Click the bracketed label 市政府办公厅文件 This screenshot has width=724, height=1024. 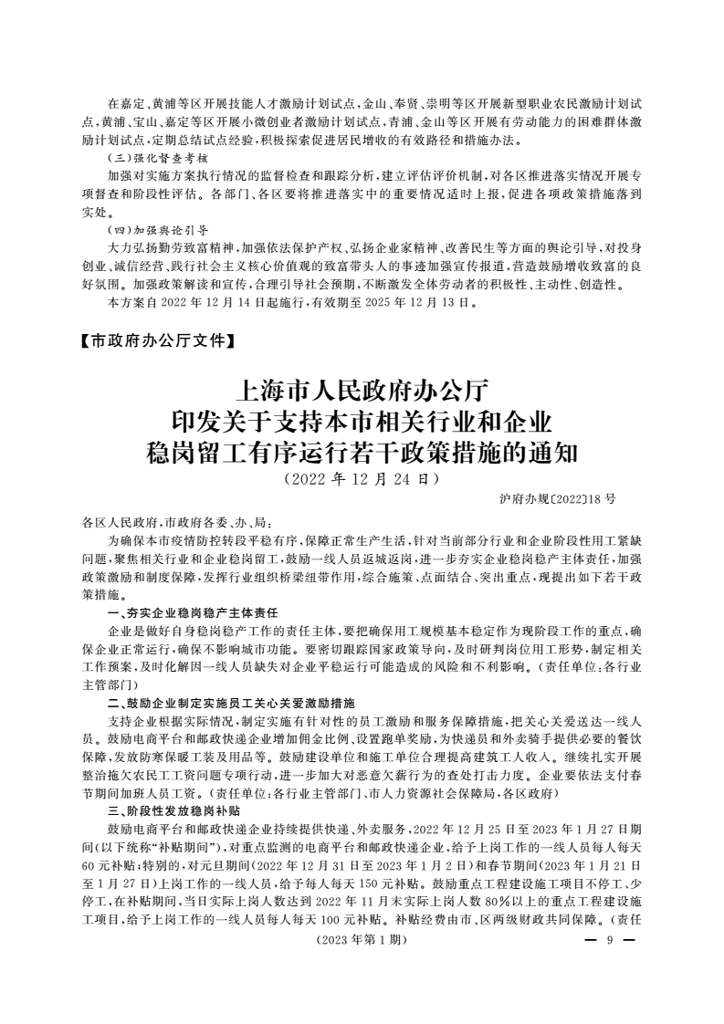[x=158, y=343]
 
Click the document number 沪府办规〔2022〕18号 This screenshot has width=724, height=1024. [x=558, y=500]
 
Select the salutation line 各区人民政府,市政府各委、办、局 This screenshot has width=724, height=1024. [x=176, y=523]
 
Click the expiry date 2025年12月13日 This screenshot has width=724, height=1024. [x=420, y=301]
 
